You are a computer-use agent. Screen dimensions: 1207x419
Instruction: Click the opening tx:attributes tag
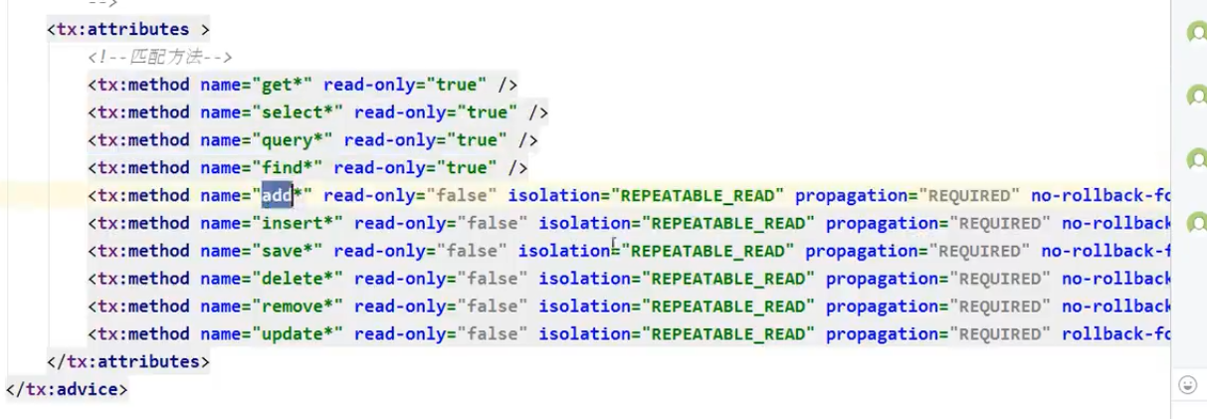(128, 30)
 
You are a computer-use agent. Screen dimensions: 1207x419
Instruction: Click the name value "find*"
(289, 168)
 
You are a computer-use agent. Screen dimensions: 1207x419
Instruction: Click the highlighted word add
(277, 195)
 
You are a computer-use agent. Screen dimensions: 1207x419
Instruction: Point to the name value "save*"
(289, 251)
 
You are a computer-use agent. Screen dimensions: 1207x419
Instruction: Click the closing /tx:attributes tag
(128, 361)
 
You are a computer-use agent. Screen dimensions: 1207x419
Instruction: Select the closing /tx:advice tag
(67, 389)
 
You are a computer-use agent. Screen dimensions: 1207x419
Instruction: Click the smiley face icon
(1187, 384)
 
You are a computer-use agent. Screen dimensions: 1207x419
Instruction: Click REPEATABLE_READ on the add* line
(702, 195)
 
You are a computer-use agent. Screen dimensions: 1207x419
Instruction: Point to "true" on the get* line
(457, 85)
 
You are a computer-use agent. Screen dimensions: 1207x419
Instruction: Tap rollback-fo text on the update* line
(1114, 333)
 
